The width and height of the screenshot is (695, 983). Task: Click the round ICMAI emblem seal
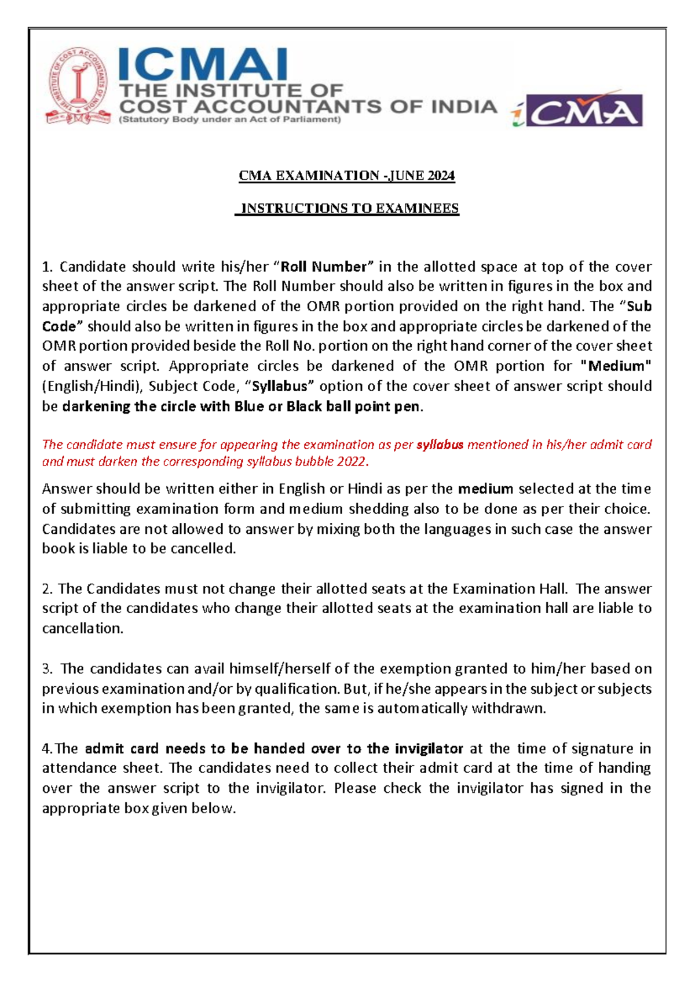coord(78,86)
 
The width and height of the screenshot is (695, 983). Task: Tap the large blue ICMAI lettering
coord(203,65)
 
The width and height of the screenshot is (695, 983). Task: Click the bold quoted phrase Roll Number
coord(324,267)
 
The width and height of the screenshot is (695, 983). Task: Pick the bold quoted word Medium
coord(615,366)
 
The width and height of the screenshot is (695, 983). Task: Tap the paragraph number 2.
coord(46,589)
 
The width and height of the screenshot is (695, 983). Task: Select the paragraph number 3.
coord(46,669)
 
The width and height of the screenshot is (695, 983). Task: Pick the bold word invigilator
coord(429,749)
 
